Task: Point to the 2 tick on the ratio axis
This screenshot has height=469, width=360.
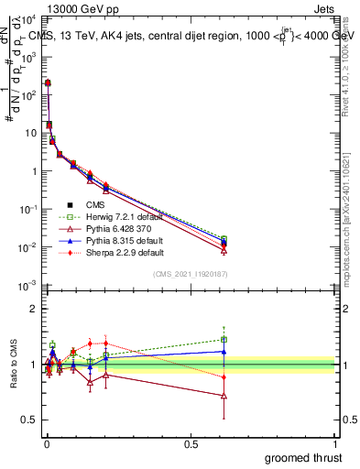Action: [x=34, y=309]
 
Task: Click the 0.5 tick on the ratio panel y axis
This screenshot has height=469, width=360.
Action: [x=29, y=420]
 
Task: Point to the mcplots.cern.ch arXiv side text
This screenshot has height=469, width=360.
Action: [x=351, y=211]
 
